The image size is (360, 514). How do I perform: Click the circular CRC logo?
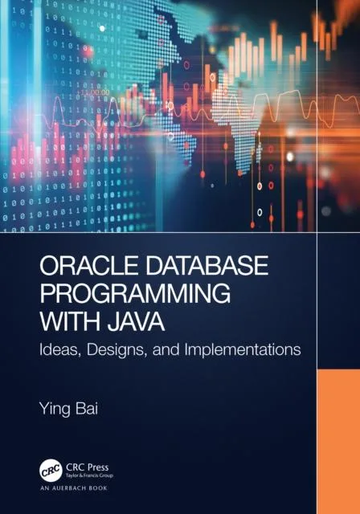[52, 470]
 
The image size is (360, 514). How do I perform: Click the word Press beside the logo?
[101, 466]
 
